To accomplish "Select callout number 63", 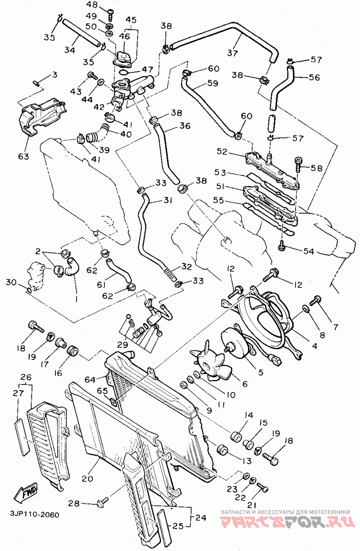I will [x=23, y=157].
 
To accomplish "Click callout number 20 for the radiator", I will [x=87, y=478].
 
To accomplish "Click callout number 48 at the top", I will [x=92, y=4].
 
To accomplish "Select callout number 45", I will [x=130, y=20].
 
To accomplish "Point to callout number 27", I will [x=18, y=393].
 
